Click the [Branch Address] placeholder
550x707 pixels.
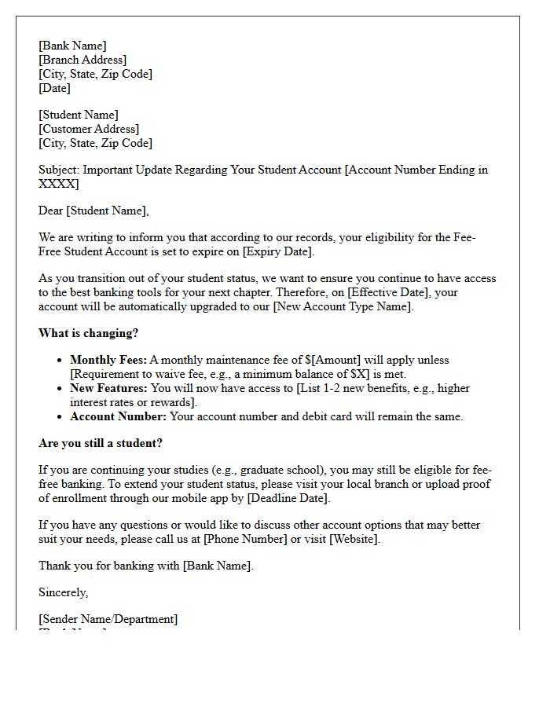coord(82,60)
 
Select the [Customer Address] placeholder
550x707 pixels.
coord(89,129)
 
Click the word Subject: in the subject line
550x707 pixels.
coord(59,170)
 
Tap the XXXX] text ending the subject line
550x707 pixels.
coord(59,184)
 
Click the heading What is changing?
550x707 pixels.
coord(88,333)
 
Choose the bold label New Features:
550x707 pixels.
coord(108,388)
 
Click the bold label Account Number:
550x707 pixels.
coord(118,416)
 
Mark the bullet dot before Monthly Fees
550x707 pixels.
coord(60,361)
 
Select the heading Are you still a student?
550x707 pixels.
coord(101,443)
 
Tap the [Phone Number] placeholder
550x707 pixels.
coord(244,539)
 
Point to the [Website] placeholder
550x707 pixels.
coord(354,539)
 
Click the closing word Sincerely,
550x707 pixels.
coord(64,592)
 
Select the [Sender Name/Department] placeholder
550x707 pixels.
coord(108,619)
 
